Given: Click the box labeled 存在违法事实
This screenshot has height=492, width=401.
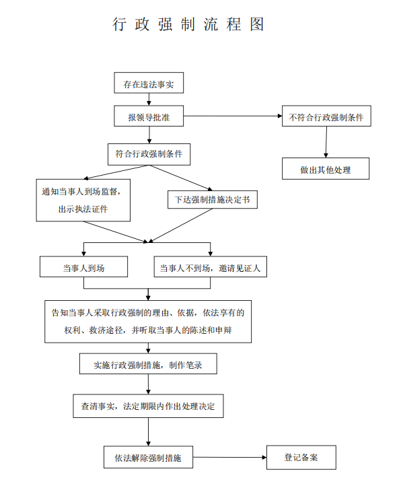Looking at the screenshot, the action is point(149,83).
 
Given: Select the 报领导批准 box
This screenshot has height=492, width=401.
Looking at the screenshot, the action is point(149,116).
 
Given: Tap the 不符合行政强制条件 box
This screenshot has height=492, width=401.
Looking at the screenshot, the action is point(326,116).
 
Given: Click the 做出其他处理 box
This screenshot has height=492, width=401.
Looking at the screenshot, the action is point(326,168).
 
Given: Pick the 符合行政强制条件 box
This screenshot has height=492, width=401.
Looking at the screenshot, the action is point(149,154).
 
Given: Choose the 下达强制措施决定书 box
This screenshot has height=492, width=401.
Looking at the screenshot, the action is point(213,200).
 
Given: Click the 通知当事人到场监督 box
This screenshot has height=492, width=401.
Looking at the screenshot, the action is point(83,200).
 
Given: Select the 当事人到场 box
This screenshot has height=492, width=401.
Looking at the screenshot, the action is point(84,267).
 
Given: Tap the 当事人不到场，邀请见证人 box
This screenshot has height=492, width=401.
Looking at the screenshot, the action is point(210,267).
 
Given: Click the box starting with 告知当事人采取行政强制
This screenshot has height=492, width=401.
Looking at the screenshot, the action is point(148,322).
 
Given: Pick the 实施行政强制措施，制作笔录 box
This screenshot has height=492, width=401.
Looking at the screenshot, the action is point(148,363).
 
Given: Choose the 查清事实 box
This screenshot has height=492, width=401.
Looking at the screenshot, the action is point(149,406).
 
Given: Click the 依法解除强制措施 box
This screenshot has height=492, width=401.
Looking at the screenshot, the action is point(149,457).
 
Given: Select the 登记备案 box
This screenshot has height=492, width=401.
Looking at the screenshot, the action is point(301,457).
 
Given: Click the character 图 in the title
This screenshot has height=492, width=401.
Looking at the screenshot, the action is point(257,24).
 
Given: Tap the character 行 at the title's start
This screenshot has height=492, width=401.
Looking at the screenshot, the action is point(120,24).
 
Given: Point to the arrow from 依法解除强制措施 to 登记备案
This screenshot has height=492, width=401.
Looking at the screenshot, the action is point(229,457).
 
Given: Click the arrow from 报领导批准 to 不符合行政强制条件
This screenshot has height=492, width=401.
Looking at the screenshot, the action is point(233,116).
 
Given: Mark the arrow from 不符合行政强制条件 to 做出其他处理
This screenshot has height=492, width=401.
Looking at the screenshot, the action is point(326,142).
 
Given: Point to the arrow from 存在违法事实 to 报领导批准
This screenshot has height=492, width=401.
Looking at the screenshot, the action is point(149,99).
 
